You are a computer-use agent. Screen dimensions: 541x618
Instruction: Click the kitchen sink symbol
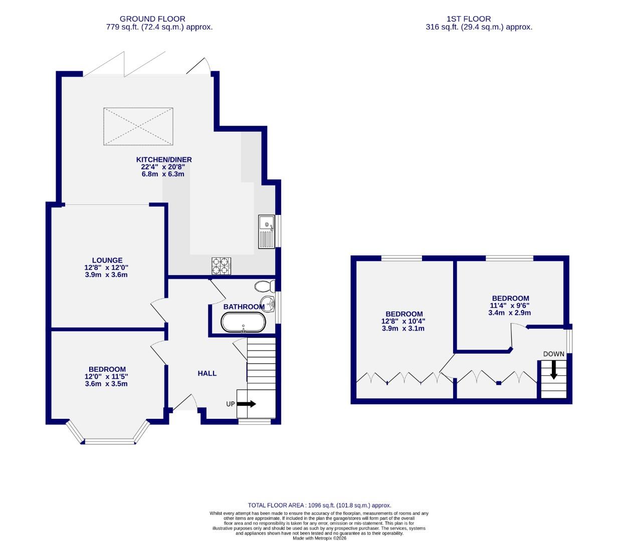point(266,231)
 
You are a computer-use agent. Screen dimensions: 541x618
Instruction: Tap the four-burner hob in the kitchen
point(222,265)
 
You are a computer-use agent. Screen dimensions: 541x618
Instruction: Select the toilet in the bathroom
point(264,287)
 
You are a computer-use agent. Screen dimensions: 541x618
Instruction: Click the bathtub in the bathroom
point(243,323)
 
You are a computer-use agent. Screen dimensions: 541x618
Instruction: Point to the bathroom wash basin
point(269,304)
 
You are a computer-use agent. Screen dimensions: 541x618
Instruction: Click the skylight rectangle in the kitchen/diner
point(138,126)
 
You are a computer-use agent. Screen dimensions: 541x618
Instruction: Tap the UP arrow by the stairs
point(246,404)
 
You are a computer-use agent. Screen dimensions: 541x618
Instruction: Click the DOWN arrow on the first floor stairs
point(553,370)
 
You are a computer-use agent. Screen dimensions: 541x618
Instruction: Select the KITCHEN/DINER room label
point(164,160)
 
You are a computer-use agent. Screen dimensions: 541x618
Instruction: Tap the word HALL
point(207,373)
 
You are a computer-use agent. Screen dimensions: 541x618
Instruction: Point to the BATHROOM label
point(244,307)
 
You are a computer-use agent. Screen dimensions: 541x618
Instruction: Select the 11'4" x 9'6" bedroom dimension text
point(510,306)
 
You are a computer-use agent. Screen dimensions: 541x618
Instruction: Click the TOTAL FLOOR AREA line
point(319,505)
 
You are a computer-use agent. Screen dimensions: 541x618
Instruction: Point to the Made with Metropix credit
point(319,538)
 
